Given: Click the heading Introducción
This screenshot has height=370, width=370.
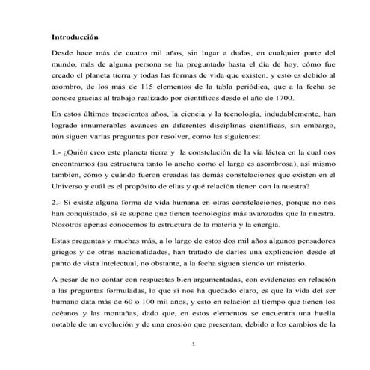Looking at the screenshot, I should (75, 36).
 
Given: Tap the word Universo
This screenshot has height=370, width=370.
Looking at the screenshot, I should (70, 186).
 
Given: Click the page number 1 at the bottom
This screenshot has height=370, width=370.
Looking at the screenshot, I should (193, 344).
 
